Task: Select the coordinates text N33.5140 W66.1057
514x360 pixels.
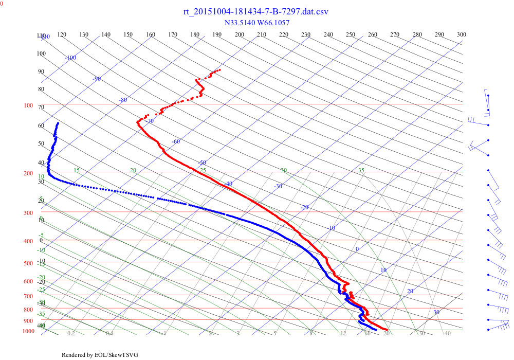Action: pyautogui.click(x=257, y=23)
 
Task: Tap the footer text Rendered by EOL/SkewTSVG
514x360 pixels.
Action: pyautogui.click(x=100, y=355)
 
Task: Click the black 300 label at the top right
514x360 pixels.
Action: pyautogui.click(x=462, y=34)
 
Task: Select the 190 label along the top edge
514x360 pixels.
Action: pyautogui.click(x=217, y=34)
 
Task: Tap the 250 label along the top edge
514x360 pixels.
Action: pyautogui.click(x=351, y=34)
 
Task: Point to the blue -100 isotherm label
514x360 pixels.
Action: pyautogui.click(x=70, y=58)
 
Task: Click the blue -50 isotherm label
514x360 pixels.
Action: pyautogui.click(x=202, y=163)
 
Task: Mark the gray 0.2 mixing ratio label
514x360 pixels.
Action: pyautogui.click(x=71, y=333)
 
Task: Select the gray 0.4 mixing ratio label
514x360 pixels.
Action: pyautogui.click(x=109, y=333)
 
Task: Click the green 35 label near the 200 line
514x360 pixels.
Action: pyautogui.click(x=361, y=170)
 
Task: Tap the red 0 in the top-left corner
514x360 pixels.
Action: pyautogui.click(x=2, y=4)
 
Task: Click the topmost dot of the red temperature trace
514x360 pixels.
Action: pyautogui.click(x=220, y=69)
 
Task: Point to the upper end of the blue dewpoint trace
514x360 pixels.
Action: pyautogui.click(x=58, y=123)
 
